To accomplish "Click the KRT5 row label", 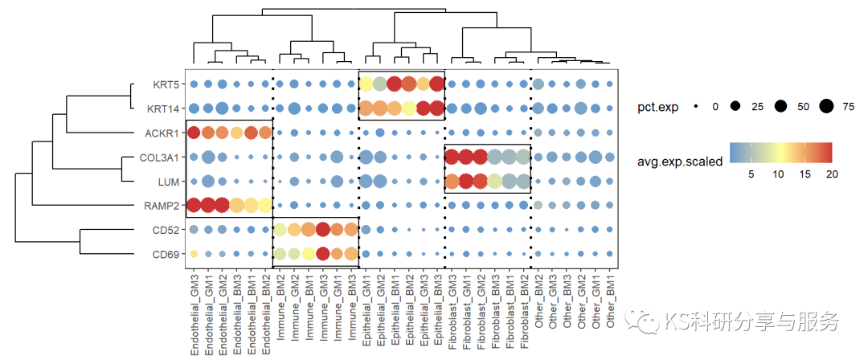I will pyautogui.click(x=166, y=84).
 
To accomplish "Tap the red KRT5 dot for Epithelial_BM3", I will pyautogui.click(x=437, y=84).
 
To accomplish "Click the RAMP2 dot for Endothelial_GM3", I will pyautogui.click(x=193, y=206).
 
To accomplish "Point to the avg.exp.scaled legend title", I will pyautogui.click(x=680, y=161).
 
